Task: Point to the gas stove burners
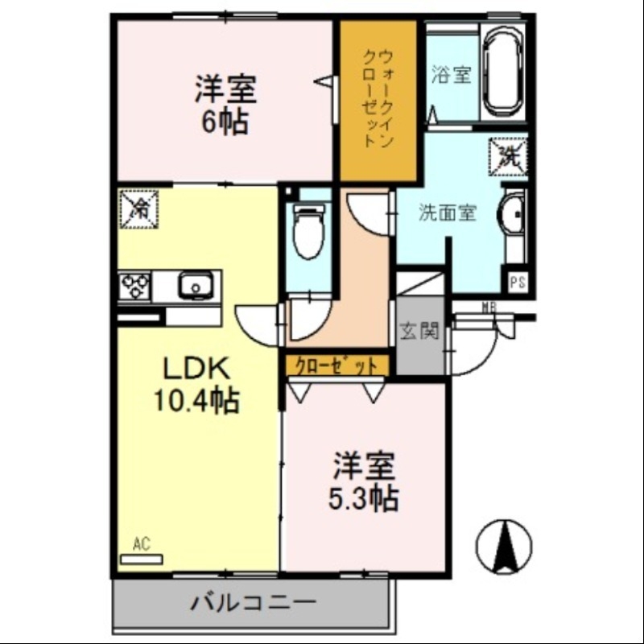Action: click(x=134, y=286)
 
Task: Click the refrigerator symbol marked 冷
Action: click(x=138, y=209)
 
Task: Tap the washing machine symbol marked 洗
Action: click(x=508, y=154)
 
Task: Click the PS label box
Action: click(x=518, y=283)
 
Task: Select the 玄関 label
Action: click(x=419, y=331)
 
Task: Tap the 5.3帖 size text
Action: click(x=362, y=499)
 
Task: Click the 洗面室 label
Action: click(x=447, y=213)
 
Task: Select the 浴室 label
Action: click(x=451, y=76)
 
